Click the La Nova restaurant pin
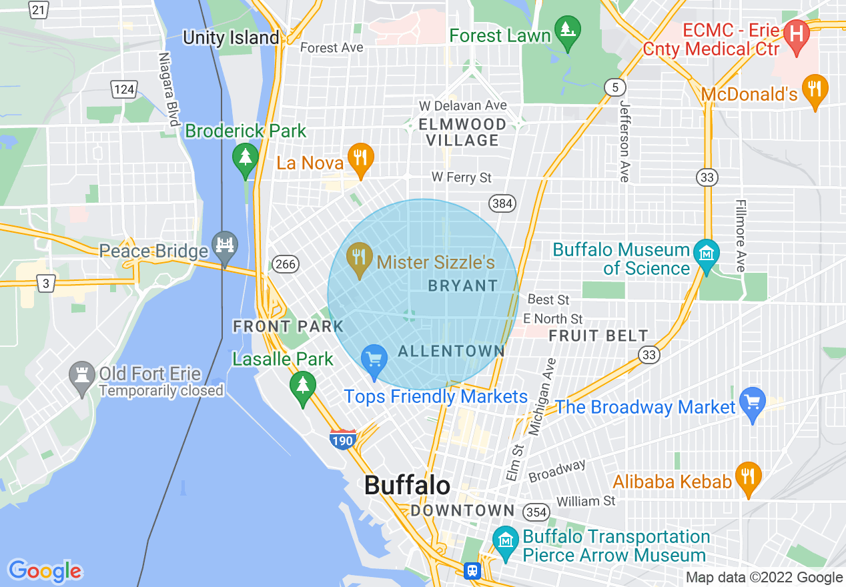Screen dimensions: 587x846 (x=360, y=159)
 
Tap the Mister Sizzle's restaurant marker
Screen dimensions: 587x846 (x=360, y=259)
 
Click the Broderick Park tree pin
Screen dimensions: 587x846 (x=246, y=159)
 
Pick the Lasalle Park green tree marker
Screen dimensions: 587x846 (x=303, y=388)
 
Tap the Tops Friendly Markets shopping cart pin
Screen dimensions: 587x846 (x=374, y=361)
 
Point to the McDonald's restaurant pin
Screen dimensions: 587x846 (x=814, y=90)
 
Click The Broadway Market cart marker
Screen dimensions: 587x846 (x=753, y=404)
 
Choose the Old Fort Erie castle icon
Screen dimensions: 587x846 (x=82, y=378)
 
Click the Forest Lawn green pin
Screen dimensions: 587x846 (x=567, y=32)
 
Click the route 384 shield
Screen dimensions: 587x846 (x=502, y=203)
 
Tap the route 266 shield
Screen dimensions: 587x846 (x=285, y=263)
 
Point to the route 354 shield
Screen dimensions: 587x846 (x=536, y=512)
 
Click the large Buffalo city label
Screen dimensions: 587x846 (x=407, y=485)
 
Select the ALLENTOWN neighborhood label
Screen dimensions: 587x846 (x=451, y=351)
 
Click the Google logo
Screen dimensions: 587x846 (x=45, y=571)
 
